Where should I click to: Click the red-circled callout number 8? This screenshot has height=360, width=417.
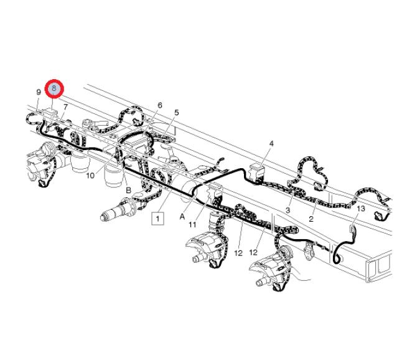click(54, 88)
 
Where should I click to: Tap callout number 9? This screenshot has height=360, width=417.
click(39, 92)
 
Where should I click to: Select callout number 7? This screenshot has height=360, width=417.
click(65, 107)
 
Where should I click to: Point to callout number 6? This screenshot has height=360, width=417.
click(159, 105)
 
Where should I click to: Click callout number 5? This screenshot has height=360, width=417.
click(177, 113)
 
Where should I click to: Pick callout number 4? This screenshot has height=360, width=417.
click(271, 144)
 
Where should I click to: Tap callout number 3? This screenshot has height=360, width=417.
click(288, 210)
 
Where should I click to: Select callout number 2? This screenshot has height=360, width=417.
click(311, 219)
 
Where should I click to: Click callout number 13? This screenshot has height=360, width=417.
click(361, 209)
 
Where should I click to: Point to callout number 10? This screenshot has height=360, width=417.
click(90, 176)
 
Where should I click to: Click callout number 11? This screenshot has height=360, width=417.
click(192, 225)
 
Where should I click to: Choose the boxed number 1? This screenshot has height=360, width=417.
click(157, 219)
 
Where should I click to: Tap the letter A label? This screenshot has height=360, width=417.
click(182, 217)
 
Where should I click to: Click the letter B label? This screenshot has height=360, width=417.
click(128, 191)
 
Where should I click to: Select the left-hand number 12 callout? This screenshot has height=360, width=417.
click(238, 253)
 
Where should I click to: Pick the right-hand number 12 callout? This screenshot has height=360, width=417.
click(253, 252)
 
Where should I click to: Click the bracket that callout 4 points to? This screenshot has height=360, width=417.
click(256, 171)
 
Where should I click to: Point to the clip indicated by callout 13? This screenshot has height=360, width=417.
click(352, 229)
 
